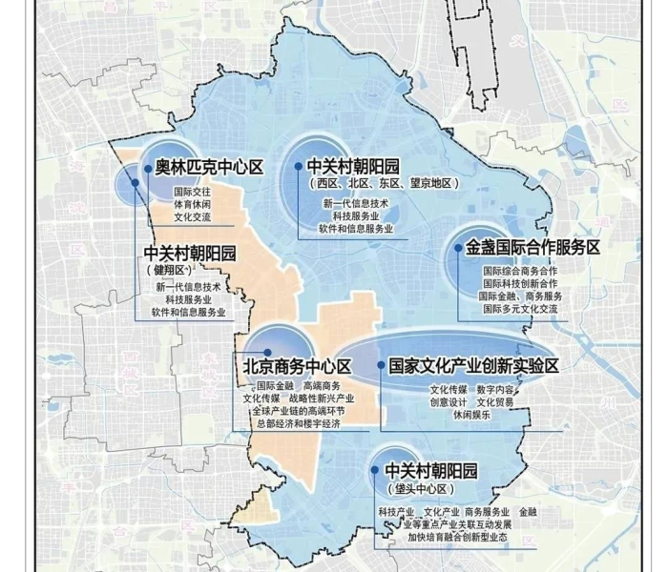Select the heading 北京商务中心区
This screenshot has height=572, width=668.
297,366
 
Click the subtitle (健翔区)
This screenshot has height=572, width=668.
175,271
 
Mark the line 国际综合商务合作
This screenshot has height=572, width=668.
520,271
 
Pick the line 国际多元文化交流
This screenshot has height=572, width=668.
520,309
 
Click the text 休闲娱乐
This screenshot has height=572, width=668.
471,415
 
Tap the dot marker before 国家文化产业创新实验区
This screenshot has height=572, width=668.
381,366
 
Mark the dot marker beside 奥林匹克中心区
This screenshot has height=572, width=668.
148,169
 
